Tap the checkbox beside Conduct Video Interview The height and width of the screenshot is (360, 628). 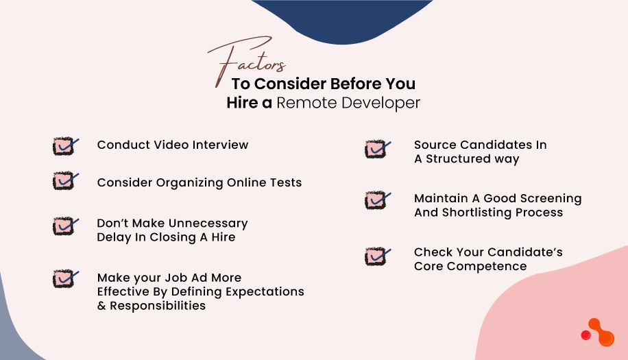(64, 146)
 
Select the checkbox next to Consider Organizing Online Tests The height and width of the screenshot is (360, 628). (64, 181)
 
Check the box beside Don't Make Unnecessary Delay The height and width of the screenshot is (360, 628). (64, 226)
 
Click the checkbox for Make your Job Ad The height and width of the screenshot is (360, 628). (64, 278)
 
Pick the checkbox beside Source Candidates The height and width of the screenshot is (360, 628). (376, 148)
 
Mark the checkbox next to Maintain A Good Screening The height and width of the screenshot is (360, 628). (376, 200)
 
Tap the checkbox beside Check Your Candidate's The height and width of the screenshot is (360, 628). (376, 256)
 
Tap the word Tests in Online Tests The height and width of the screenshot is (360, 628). (285, 183)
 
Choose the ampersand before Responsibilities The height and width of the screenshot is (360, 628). (101, 306)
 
